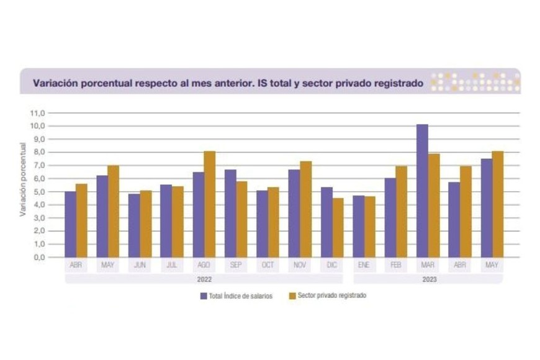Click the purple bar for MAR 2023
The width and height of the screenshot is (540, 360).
point(422,191)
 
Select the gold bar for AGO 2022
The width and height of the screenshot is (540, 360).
point(210,204)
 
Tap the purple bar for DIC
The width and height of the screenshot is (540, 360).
point(326,222)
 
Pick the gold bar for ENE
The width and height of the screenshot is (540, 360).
point(369,227)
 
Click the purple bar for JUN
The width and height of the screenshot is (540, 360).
point(134,225)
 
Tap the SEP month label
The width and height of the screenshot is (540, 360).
point(236,265)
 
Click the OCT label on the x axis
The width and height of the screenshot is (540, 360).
point(268,265)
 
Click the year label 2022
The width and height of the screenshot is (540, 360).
point(204,279)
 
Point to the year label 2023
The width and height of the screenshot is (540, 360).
point(429,279)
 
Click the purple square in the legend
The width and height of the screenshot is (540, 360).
point(203,296)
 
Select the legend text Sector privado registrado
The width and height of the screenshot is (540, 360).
point(332,296)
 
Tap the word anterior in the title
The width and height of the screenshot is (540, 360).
point(219,82)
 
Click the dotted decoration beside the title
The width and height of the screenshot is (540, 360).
point(475,82)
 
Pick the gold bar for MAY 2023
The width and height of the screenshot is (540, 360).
point(497,204)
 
